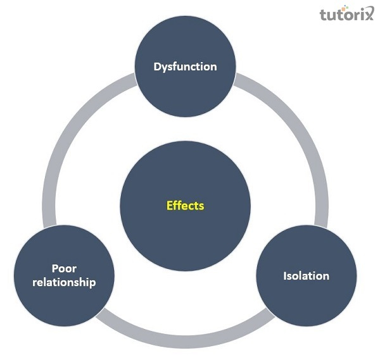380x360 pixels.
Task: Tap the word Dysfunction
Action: coord(185,66)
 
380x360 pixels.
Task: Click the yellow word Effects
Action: coord(185,206)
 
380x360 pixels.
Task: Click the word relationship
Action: coord(65,282)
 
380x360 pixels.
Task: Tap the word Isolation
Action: coord(306,276)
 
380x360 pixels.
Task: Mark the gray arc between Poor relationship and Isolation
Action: coord(184,342)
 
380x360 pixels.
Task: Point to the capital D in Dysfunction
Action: coord(157,66)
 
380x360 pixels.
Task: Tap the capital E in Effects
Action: coord(169,206)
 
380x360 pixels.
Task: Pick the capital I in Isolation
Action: coord(284,276)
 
